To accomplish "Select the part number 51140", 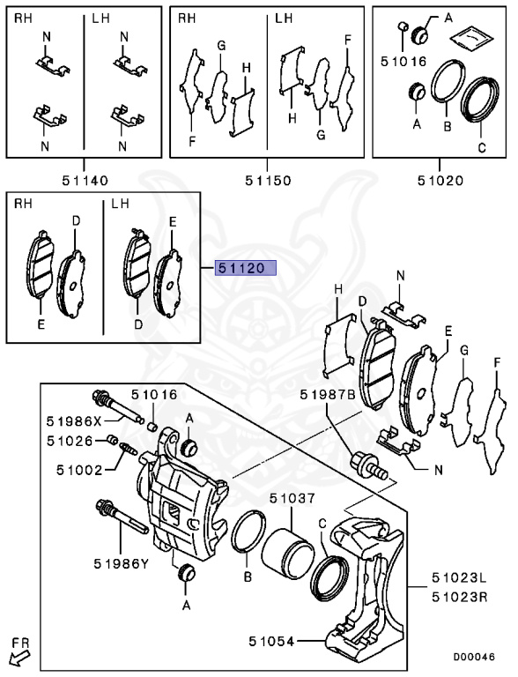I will pos(85,181).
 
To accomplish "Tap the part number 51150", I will pos(268,181).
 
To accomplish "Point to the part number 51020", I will pos(440,181).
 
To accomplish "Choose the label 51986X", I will pos(73,420).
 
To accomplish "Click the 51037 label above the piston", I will pos(292,499).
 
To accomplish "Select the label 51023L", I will pos(459,579).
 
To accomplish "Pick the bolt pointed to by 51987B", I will pos(368,465).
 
